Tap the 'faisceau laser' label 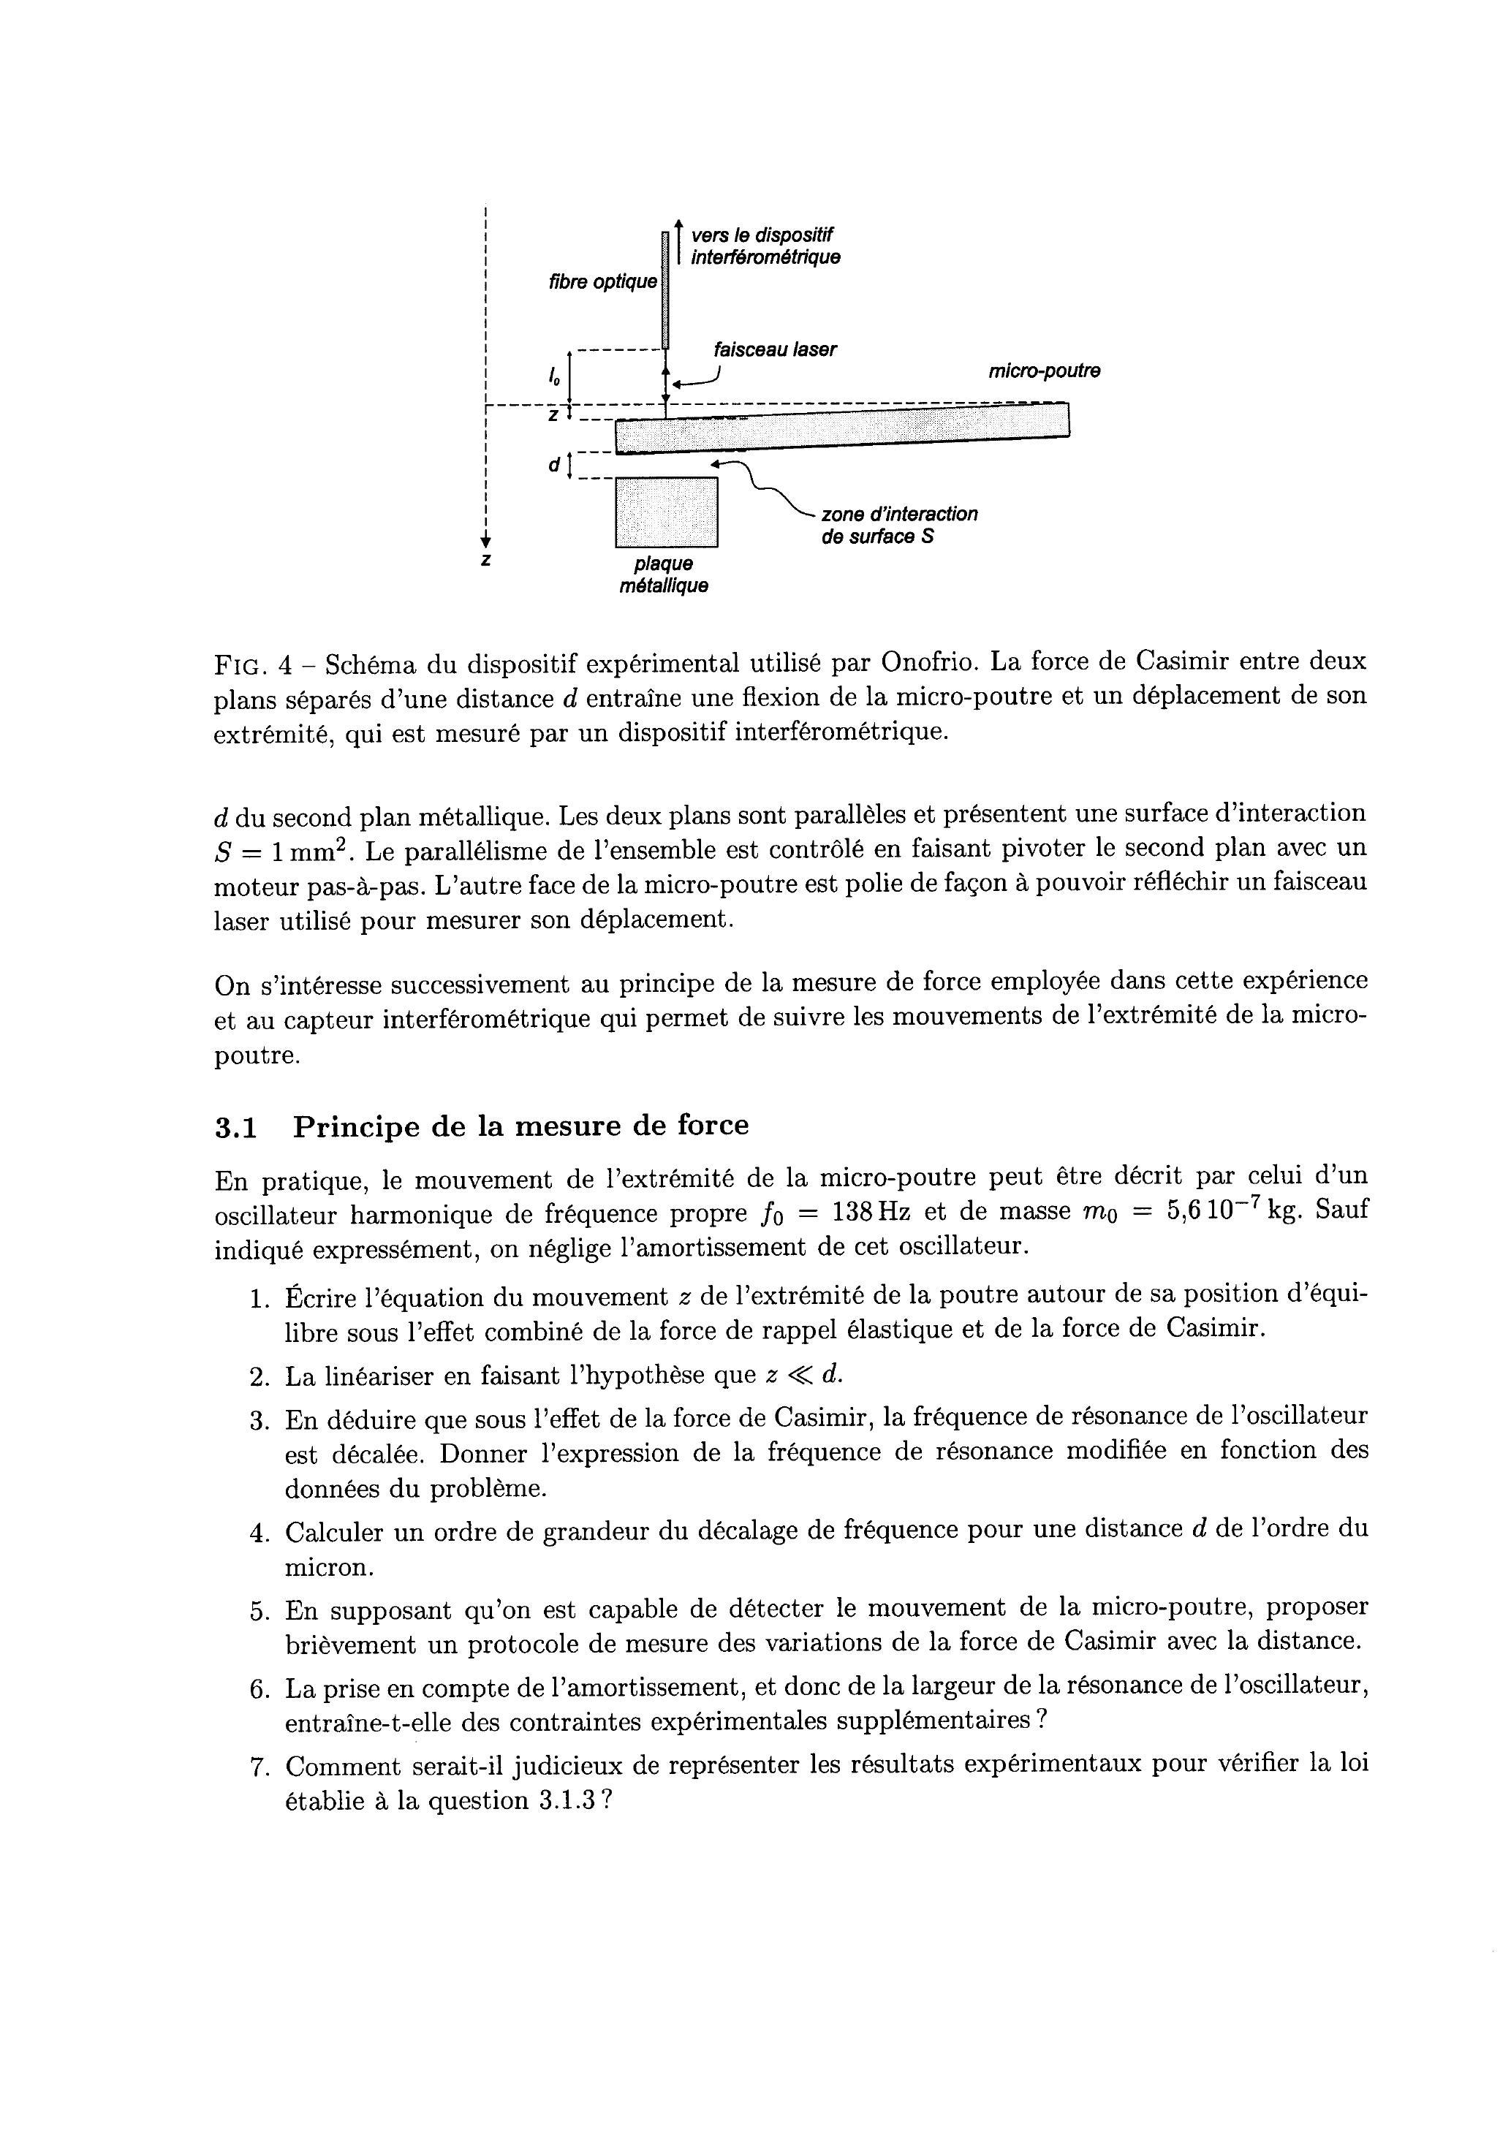[774, 350]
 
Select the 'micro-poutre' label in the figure [1044, 371]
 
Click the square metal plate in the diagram [666, 512]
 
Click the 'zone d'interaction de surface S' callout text [899, 526]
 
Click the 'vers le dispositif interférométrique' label [765, 246]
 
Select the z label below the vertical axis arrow [485, 560]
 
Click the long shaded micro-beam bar [842, 430]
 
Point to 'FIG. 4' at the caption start [253, 665]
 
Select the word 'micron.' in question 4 [328, 1569]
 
